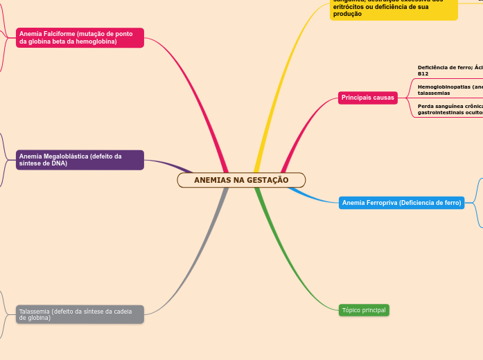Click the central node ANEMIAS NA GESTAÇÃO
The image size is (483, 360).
click(241, 180)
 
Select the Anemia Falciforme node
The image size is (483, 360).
click(80, 37)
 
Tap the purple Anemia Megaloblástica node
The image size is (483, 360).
click(80, 160)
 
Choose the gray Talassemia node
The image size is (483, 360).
click(80, 314)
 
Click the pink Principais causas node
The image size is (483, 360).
click(367, 98)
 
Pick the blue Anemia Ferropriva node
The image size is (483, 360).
click(401, 203)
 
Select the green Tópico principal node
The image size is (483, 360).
click(364, 310)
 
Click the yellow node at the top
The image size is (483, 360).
click(393, 9)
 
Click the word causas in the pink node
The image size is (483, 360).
click(383, 98)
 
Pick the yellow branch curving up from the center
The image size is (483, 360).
click(277, 76)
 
